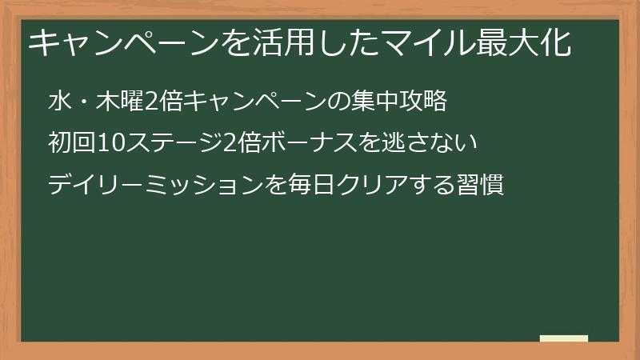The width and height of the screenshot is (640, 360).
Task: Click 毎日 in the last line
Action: pos(300,186)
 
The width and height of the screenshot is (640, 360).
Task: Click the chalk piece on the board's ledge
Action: pos(564,339)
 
